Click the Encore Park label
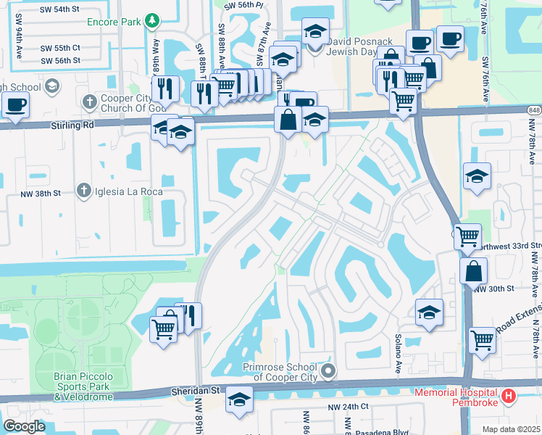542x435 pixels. (112, 22)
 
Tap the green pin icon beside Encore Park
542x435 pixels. (151, 20)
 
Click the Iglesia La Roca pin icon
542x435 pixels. (85, 191)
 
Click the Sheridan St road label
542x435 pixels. (196, 390)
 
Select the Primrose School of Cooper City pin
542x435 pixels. (328, 372)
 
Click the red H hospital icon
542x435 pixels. (509, 396)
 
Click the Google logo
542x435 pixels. (24, 426)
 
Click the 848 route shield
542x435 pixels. (535, 109)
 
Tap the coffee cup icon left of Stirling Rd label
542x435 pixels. (14, 104)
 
